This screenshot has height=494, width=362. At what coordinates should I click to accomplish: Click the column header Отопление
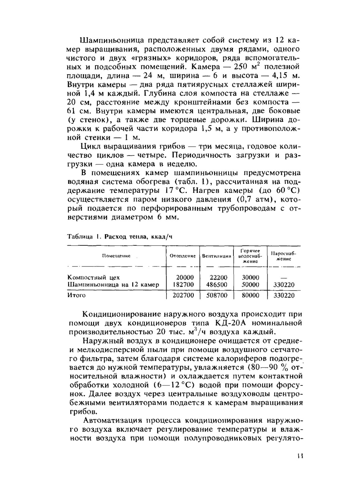[182, 256]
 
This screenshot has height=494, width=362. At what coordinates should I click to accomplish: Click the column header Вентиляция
[216, 256]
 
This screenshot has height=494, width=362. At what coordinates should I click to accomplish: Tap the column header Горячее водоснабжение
[250, 256]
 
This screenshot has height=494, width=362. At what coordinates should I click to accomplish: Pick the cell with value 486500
[217, 285]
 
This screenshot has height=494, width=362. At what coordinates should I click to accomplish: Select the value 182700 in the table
[184, 285]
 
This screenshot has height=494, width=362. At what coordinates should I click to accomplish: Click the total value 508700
[217, 295]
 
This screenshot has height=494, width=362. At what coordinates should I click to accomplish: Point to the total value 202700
[184, 295]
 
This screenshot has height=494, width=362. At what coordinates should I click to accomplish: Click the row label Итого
[77, 295]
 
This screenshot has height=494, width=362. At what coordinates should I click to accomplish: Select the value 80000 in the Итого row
[251, 295]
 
